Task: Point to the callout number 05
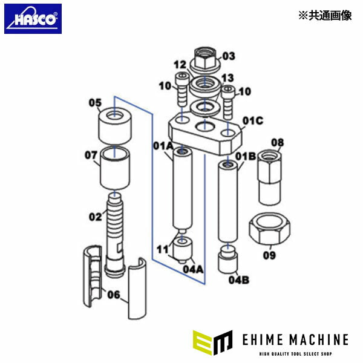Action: [x=95, y=103]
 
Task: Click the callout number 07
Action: [x=91, y=155]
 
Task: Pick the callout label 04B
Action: [x=239, y=280]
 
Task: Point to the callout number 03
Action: [x=228, y=56]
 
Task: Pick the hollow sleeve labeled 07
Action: [x=115, y=168]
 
